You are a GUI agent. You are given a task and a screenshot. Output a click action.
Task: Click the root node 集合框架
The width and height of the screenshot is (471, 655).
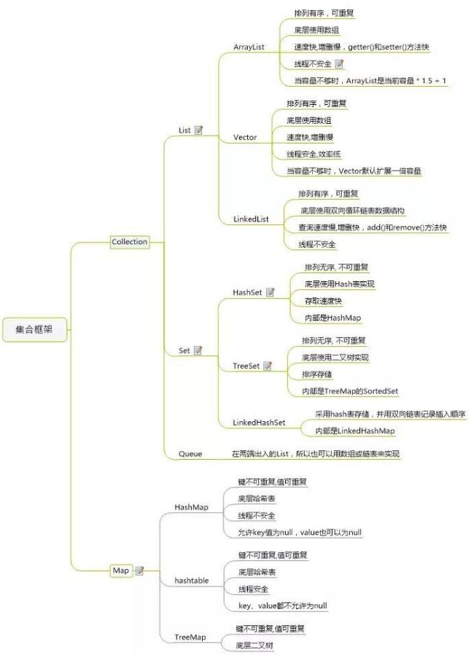click(x=34, y=329)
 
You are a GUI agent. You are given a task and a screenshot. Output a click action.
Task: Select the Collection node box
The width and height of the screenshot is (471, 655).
click(x=130, y=242)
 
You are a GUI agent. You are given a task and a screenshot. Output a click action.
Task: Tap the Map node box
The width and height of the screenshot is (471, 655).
click(x=121, y=570)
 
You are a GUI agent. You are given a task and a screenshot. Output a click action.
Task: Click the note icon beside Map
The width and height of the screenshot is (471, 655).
click(x=140, y=570)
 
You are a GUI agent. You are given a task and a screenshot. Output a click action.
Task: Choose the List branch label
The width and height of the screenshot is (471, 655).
click(x=184, y=130)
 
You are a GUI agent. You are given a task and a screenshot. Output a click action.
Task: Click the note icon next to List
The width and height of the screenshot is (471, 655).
click(x=198, y=130)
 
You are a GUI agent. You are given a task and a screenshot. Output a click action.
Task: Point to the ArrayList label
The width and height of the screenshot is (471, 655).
click(x=249, y=47)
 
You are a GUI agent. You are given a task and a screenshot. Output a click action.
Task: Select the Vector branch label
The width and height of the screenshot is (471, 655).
click(x=245, y=138)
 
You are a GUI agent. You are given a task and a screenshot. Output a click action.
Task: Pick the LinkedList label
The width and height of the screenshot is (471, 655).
click(x=251, y=219)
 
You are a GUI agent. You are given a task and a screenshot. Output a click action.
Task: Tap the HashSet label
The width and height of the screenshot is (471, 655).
click(x=247, y=292)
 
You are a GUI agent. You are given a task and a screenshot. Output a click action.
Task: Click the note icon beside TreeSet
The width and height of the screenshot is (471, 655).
click(x=268, y=366)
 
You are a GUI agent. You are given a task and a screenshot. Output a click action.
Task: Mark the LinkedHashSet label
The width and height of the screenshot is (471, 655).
click(x=259, y=423)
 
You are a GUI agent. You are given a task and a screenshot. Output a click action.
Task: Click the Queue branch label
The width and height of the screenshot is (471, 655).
click(x=190, y=454)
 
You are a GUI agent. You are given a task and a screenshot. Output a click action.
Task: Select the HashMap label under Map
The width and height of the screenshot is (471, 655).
click(x=192, y=507)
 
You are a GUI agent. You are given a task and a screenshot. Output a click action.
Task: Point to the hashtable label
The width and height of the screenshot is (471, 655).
click(x=192, y=581)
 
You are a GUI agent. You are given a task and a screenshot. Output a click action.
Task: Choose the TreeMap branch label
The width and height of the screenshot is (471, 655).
click(x=190, y=638)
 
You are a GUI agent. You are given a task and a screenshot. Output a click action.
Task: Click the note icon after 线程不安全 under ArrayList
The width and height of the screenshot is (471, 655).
click(x=339, y=64)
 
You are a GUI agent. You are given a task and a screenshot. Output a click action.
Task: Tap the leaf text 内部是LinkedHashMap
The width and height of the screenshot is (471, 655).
click(x=355, y=431)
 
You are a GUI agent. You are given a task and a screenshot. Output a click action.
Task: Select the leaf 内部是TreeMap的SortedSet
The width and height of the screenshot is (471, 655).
click(x=350, y=391)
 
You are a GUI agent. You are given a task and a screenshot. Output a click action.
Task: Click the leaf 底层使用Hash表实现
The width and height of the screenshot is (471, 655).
click(x=339, y=284)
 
